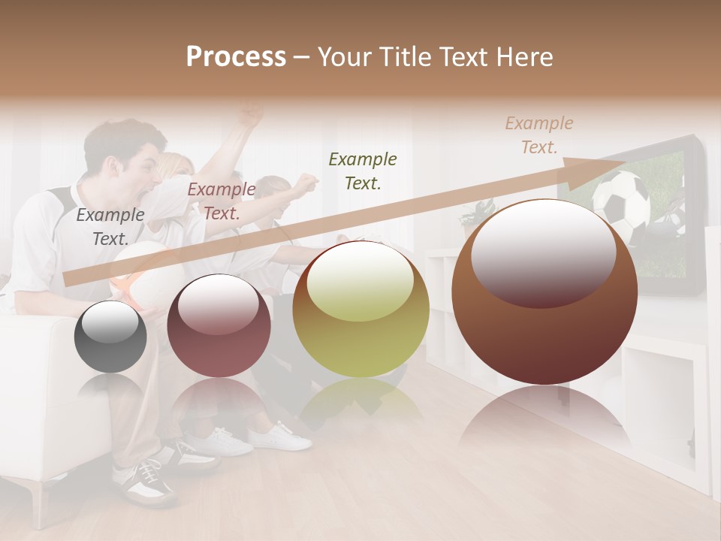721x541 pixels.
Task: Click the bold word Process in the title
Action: pos(236,57)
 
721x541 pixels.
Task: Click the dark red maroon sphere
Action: pos(219,326)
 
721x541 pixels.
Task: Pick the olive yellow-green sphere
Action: pos(360,310)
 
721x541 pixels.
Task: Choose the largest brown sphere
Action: pos(545,293)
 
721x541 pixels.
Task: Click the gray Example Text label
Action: pos(110,227)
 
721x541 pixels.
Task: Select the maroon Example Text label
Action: pos(221,201)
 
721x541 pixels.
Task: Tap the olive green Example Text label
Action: pos(362,171)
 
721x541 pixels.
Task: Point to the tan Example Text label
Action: pos(538,135)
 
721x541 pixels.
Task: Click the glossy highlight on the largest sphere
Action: pos(543,252)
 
